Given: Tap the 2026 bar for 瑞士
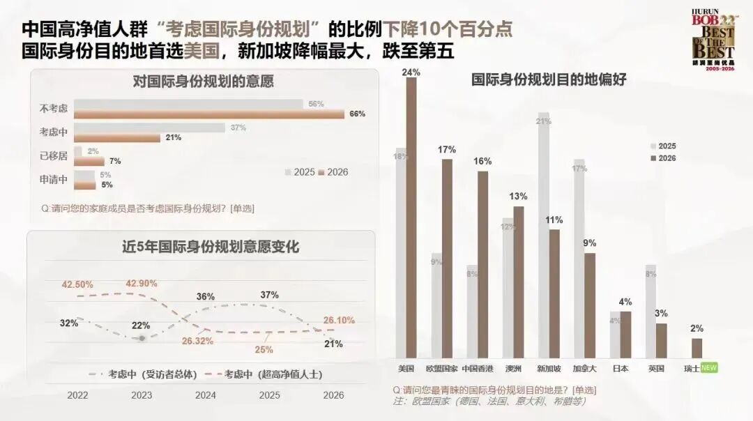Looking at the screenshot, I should pyautogui.click(x=697, y=349).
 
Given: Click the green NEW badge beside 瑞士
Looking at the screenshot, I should pyautogui.click(x=709, y=367).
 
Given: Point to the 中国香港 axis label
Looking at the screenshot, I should pyautogui.click(x=478, y=367).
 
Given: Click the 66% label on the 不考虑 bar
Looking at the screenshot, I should pyautogui.click(x=358, y=114).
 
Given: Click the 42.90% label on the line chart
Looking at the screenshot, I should pyautogui.click(x=141, y=283).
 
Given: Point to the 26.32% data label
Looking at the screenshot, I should pyautogui.click(x=197, y=341).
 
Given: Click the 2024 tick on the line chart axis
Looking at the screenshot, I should pyautogui.click(x=205, y=395).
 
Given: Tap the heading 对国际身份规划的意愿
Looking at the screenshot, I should pyautogui.click(x=203, y=82).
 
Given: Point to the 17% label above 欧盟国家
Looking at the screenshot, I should pyautogui.click(x=447, y=149).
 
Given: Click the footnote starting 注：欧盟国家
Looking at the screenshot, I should pyautogui.click(x=488, y=401).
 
